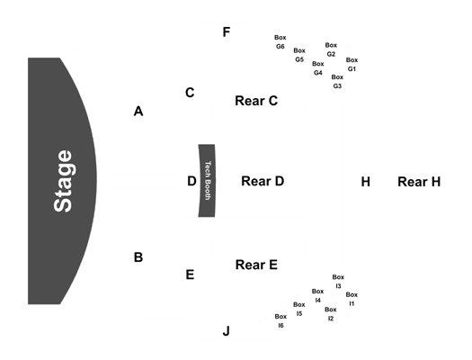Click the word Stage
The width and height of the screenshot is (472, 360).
tap(63, 181)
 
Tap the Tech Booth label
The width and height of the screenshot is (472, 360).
tap(208, 181)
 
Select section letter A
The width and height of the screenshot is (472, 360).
tap(138, 112)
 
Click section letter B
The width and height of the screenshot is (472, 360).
tap(138, 257)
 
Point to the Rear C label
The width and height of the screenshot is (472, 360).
tap(256, 101)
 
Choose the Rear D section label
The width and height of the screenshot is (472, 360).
tap(263, 181)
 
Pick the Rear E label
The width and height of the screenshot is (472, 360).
tap(256, 265)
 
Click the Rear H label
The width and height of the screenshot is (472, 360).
tap(419, 182)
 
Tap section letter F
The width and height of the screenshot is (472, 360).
tap(227, 31)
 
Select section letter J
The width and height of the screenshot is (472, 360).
tap(226, 331)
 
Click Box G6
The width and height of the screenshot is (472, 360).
tap(281, 42)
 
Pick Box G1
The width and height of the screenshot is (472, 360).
tap(352, 65)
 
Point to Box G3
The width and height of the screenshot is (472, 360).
tap(337, 81)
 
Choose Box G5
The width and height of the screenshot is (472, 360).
tap(299, 55)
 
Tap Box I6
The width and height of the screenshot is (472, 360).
tap(281, 320)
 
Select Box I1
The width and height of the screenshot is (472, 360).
tap(352, 299)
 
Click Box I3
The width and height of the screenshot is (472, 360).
tap(338, 282)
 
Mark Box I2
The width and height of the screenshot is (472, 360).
tap(331, 314)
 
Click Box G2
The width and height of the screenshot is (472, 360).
tap(331, 49)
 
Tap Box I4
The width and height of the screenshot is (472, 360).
tap(317, 296)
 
